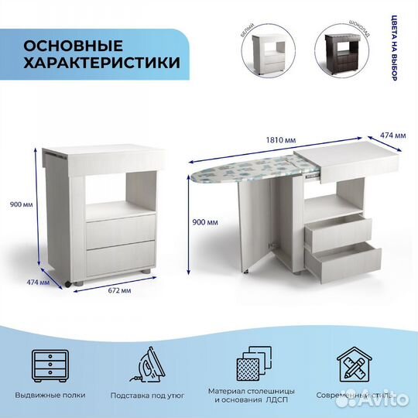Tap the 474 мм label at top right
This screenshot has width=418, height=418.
pyautogui.click(x=394, y=135)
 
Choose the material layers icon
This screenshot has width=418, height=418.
pyautogui.click(x=252, y=365)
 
